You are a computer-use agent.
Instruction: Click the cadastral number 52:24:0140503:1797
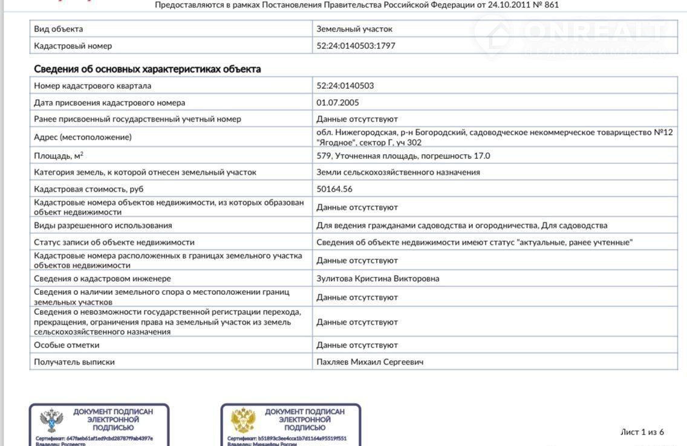356,46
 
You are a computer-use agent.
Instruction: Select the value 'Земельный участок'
354,29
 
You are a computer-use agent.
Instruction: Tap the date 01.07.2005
337,103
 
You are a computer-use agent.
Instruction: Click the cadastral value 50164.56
334,189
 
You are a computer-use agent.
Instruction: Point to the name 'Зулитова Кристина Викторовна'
378,279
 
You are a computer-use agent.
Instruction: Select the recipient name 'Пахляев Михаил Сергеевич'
370,362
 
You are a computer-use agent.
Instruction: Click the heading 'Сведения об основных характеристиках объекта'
148,69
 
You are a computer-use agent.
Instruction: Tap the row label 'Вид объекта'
59,29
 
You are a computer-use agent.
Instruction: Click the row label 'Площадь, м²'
59,156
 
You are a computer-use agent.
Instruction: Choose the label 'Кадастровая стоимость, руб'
89,189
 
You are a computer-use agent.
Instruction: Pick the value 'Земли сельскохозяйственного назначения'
398,172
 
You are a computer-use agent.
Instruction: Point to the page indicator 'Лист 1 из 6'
642,432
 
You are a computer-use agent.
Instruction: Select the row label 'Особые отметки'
67,345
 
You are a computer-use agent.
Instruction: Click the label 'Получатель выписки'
74,362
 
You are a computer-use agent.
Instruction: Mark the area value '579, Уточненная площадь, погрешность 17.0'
403,156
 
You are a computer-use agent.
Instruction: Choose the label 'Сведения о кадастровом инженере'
102,279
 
